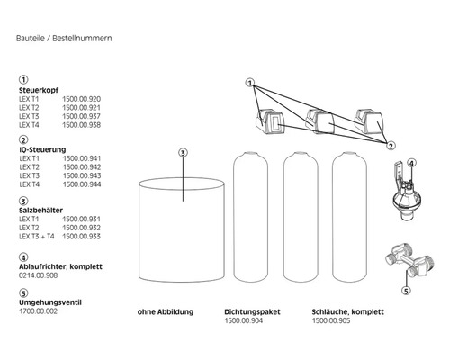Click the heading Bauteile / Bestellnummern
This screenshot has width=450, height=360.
pyautogui.click(x=64, y=39)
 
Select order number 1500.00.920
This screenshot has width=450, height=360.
pyautogui.click(x=82, y=99)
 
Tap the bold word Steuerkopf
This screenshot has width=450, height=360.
pyautogui.click(x=39, y=90)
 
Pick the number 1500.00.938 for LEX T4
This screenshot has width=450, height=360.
pyautogui.click(x=82, y=125)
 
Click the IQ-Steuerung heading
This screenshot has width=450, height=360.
pyautogui.click(x=42, y=149)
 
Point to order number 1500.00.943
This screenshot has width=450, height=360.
pyautogui.click(x=82, y=175)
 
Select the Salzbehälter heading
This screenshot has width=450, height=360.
pyautogui.click(x=40, y=211)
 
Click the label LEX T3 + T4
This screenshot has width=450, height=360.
pyautogui.click(x=37, y=237)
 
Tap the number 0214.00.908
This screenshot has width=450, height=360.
pyautogui.click(x=38, y=275)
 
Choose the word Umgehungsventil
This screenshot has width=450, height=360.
pyautogui.click(x=50, y=302)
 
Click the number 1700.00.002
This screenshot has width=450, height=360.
pyautogui.click(x=38, y=311)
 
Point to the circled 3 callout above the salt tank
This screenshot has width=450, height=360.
pyautogui.click(x=183, y=153)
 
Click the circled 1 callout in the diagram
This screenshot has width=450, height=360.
pyautogui.click(x=250, y=83)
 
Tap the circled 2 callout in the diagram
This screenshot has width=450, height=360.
pyautogui.click(x=391, y=146)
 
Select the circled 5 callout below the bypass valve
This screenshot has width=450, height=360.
pyautogui.click(x=406, y=291)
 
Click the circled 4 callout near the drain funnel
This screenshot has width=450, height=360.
pyautogui.click(x=411, y=163)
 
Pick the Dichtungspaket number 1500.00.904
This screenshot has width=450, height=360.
pyautogui.click(x=244, y=320)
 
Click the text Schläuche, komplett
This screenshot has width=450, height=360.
pyautogui.click(x=347, y=312)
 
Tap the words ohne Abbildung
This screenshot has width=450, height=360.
pyautogui.click(x=166, y=312)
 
